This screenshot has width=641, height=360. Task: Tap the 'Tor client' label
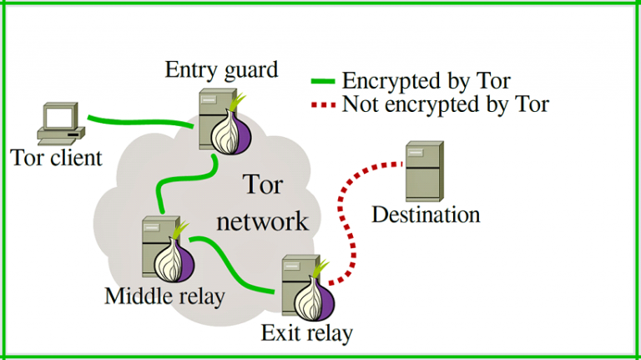[57, 157]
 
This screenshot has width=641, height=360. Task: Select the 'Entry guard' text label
[222, 69]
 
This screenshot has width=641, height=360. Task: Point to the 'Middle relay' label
[164, 295]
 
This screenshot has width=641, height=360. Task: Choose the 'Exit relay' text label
[306, 333]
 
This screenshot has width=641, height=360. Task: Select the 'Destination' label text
[426, 215]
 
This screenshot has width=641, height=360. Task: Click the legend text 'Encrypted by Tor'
[426, 81]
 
